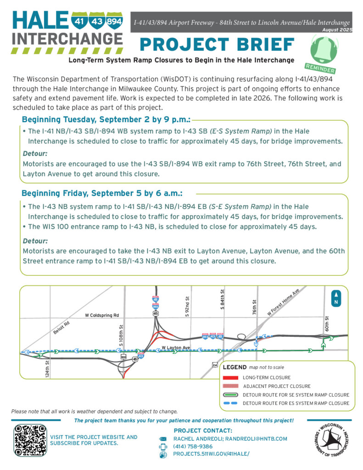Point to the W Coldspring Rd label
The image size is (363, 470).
102,315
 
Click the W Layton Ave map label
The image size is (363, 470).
176,348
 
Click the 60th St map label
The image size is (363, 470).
327,325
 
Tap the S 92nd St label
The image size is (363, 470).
187,307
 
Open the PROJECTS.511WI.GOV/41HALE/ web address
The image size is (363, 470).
212,454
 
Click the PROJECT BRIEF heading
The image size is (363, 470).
217,45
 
